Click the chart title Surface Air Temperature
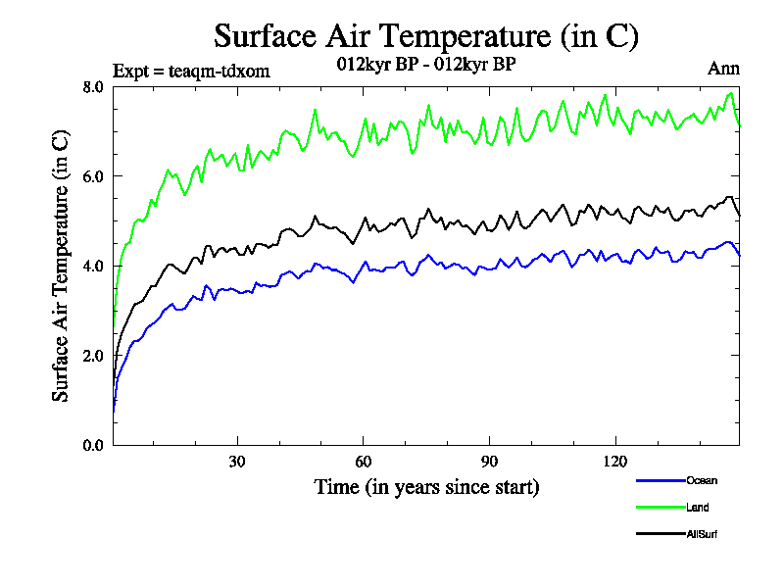(426, 36)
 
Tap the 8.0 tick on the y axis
(93, 86)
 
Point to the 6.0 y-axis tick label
(93, 176)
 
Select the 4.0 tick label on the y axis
(93, 266)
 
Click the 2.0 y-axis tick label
(93, 356)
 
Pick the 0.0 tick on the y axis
(93, 445)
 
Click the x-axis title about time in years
(426, 486)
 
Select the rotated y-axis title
(61, 267)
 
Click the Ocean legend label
(702, 480)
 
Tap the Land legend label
(698, 508)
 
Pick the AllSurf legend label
(703, 534)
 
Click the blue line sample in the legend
(660, 480)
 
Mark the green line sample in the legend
(660, 508)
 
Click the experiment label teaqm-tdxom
(191, 71)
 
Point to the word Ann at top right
(723, 69)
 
